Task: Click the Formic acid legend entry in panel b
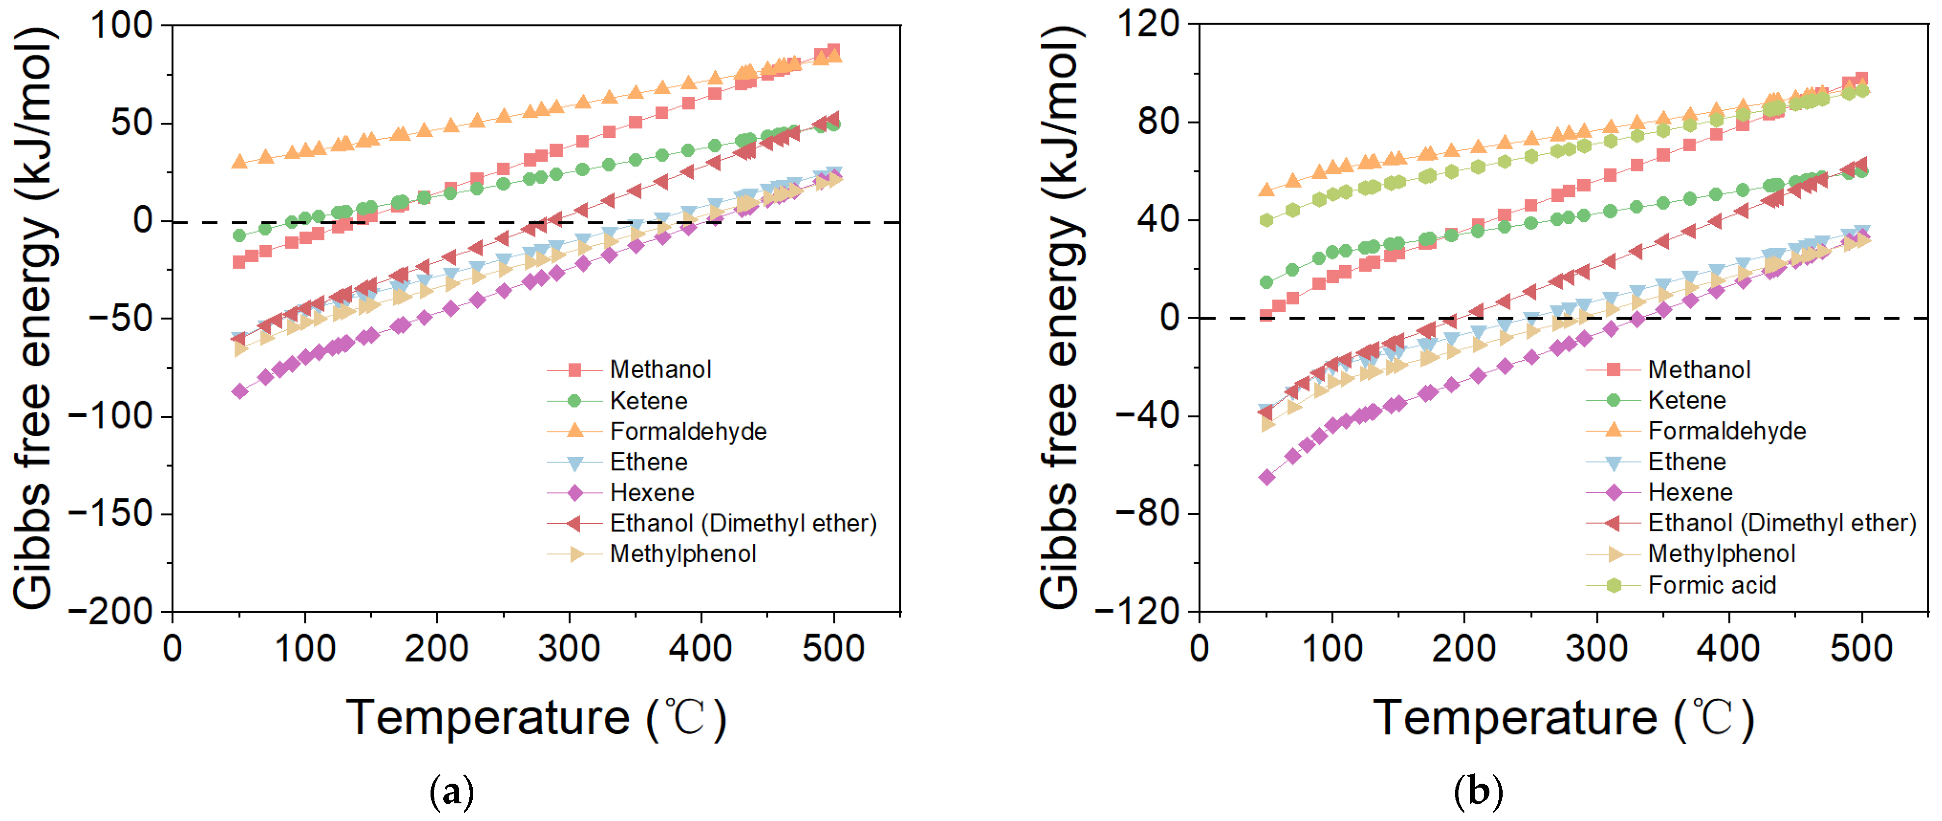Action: [1711, 585]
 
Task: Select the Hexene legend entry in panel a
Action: [651, 493]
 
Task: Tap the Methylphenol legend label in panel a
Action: [682, 554]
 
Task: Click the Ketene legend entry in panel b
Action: [1686, 400]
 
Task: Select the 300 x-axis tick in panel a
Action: [569, 648]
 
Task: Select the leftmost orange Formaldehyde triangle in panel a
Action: [240, 162]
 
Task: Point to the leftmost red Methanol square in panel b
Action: [1267, 315]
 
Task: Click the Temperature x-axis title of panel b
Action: [1563, 718]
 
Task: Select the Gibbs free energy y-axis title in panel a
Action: [33, 317]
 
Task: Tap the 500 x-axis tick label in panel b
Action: [1861, 648]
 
